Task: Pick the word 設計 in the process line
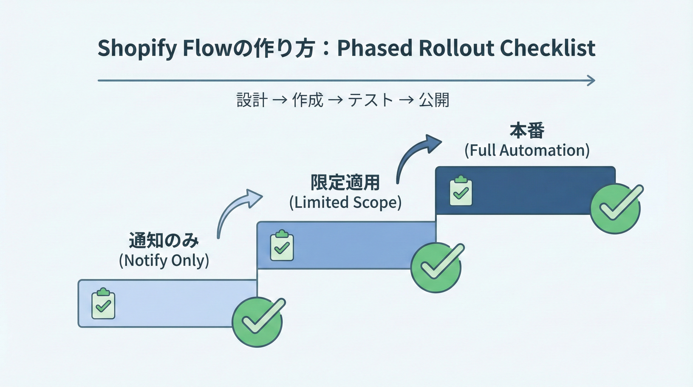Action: coord(252,100)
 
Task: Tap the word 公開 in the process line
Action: coord(434,100)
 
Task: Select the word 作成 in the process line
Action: coord(307,100)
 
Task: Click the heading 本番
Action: coord(527,131)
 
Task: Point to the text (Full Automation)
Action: coord(527,150)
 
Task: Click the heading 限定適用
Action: coord(345,183)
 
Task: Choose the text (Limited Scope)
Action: coord(345,202)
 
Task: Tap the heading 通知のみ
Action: coord(164,240)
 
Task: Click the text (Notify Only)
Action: coord(164,261)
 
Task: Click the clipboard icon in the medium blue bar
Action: coord(282,245)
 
